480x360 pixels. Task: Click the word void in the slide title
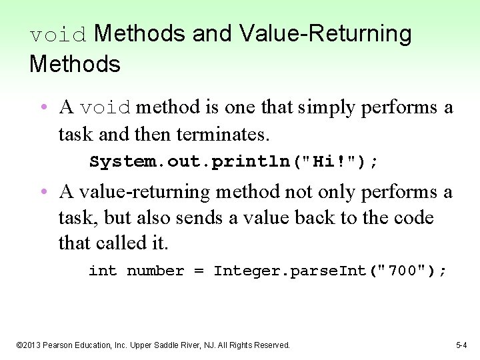coord(59,35)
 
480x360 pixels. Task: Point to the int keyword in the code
coord(103,271)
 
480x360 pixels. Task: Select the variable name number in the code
coord(155,271)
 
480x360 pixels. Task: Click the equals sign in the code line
coord(199,271)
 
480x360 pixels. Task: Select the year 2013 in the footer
coord(35,345)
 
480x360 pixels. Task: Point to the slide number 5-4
coord(461,345)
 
